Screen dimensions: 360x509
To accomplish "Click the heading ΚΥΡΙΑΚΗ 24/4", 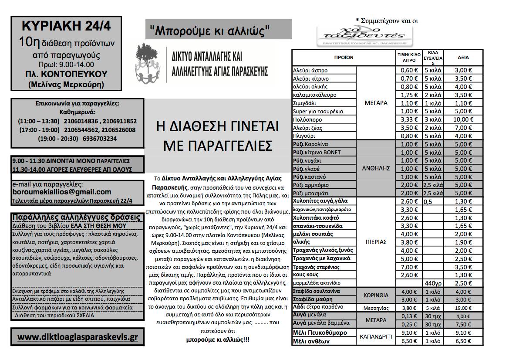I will point(66,26).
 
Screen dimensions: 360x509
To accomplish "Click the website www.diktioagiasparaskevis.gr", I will point(78,337).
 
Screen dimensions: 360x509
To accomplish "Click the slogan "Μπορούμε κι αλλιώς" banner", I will point(210,30).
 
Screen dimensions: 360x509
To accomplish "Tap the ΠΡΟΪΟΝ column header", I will point(344,58).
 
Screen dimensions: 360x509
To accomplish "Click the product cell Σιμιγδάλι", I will point(307,103).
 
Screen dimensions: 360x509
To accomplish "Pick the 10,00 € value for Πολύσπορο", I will point(463,119).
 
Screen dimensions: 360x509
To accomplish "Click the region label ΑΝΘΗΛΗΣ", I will point(375,169).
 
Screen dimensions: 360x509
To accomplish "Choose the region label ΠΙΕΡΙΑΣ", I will point(375,242).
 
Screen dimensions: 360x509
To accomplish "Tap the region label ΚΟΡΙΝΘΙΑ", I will point(375,295).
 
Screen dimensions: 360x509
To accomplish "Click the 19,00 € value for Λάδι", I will point(463,307).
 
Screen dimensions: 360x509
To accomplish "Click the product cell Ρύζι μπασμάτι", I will point(311,193).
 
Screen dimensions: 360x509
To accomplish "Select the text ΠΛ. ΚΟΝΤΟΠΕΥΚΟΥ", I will point(66,74).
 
